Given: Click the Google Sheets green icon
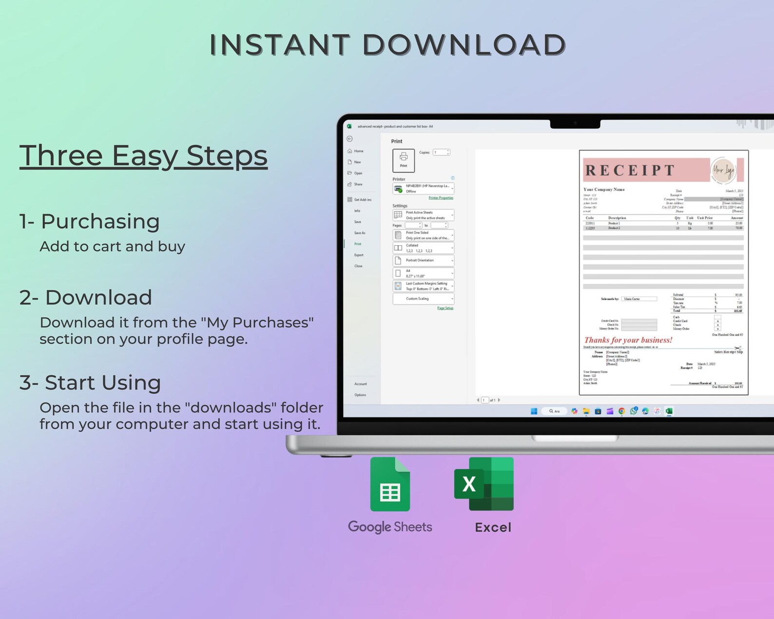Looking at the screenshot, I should click(390, 485).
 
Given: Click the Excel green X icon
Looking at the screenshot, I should click(484, 484).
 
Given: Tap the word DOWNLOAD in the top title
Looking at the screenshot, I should click(464, 45).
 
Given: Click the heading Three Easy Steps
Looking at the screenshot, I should click(143, 156).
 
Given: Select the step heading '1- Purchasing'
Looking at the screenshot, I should click(90, 221).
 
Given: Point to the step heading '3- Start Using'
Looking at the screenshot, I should click(90, 383).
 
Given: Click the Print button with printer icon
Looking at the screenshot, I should click(404, 160).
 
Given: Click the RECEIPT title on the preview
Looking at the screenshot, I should click(630, 170).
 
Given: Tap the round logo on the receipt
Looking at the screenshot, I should click(723, 170).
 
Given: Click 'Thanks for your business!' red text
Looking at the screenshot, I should click(628, 340).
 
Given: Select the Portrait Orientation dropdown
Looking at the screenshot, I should click(423, 260).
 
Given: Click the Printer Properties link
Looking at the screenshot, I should click(441, 198).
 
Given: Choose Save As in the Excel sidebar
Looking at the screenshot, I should click(360, 233).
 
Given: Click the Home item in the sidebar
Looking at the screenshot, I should click(359, 151).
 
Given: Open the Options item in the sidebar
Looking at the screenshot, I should click(360, 395).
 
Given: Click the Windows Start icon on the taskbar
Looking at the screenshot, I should click(534, 411).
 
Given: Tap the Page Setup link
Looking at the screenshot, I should click(445, 308).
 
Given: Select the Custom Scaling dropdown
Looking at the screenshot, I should click(423, 299).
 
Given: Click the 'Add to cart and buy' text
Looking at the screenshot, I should click(112, 247).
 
